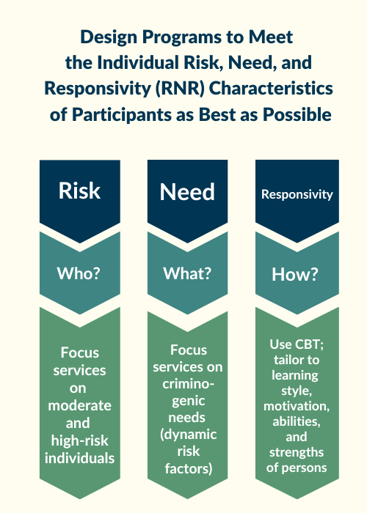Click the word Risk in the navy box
79,191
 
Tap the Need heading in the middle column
187,192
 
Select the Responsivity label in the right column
297,195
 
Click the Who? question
79,273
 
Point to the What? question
187,273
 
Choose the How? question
297,274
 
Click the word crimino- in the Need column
188,385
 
